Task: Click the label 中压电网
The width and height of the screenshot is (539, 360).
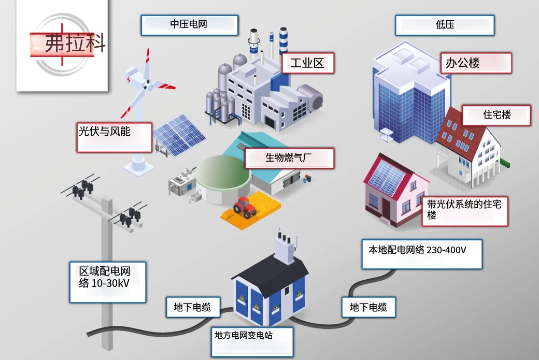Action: point(189,25)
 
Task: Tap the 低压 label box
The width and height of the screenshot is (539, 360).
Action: point(445,25)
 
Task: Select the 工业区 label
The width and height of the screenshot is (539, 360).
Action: point(308,63)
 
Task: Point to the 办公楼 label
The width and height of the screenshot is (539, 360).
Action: point(476,63)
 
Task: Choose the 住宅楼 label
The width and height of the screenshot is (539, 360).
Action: point(497,115)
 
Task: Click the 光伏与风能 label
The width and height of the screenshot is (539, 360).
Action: point(114,137)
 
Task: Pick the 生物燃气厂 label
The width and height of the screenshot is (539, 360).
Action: point(289,158)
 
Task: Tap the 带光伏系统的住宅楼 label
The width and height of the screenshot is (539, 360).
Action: point(465,211)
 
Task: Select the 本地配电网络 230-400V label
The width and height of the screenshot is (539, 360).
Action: point(422,254)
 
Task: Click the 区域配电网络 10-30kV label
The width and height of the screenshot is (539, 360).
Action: point(108,282)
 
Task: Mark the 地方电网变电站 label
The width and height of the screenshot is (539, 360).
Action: point(252,342)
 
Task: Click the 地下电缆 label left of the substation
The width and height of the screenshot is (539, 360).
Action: point(193,307)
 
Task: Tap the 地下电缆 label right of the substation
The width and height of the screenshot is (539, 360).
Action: point(368,307)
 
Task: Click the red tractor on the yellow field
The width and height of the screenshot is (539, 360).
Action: point(245,207)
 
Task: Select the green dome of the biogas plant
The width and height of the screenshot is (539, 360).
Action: point(222,171)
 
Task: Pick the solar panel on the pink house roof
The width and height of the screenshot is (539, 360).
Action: point(388,178)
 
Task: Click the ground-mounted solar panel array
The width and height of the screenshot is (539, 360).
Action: point(179,135)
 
